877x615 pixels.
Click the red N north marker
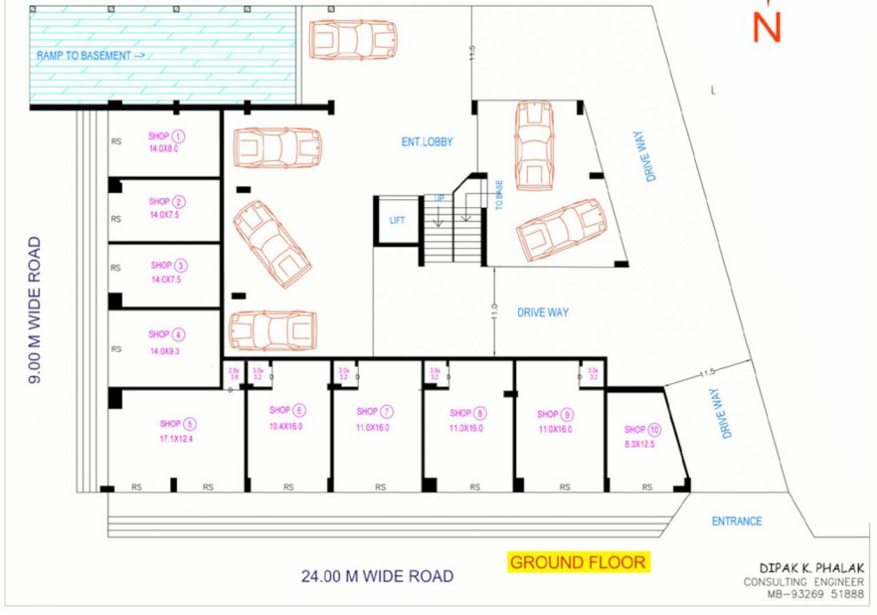point(766,26)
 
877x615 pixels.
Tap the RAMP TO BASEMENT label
point(90,55)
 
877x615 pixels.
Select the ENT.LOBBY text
point(427,142)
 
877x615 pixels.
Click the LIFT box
point(397,220)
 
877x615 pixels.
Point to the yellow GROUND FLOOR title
point(577,562)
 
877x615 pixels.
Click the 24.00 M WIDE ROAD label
point(377,576)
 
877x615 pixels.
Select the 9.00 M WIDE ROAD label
point(34,310)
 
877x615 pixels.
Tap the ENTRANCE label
point(737,521)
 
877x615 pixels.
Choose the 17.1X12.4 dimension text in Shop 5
point(176,439)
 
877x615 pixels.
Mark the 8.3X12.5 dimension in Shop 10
point(639,444)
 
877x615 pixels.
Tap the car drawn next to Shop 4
point(273,330)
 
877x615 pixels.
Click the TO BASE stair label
point(499,195)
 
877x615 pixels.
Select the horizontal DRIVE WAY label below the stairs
point(542,312)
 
